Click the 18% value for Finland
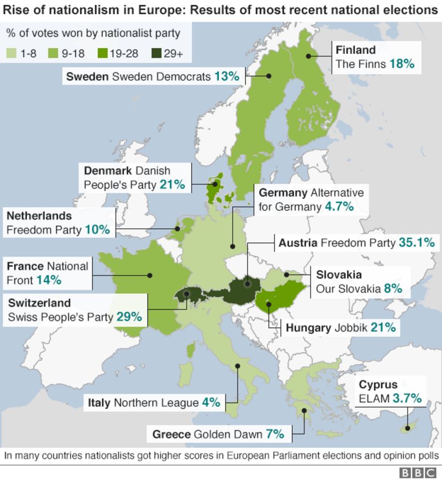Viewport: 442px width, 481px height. coord(401,64)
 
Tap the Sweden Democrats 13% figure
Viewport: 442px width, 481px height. coord(227,76)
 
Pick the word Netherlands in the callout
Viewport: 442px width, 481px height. coord(39,215)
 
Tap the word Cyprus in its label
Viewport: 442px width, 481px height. coord(378,385)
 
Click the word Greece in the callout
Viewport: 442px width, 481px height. coord(171,434)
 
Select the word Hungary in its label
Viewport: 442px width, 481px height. coord(308,327)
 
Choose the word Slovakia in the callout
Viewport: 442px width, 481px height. coord(339,274)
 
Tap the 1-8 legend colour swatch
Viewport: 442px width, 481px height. coord(12,54)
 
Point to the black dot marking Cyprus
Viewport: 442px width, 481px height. coord(407,427)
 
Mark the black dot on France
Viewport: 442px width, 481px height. coord(150,274)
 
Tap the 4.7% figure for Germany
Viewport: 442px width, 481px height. coord(339,207)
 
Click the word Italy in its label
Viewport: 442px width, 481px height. coord(99,403)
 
